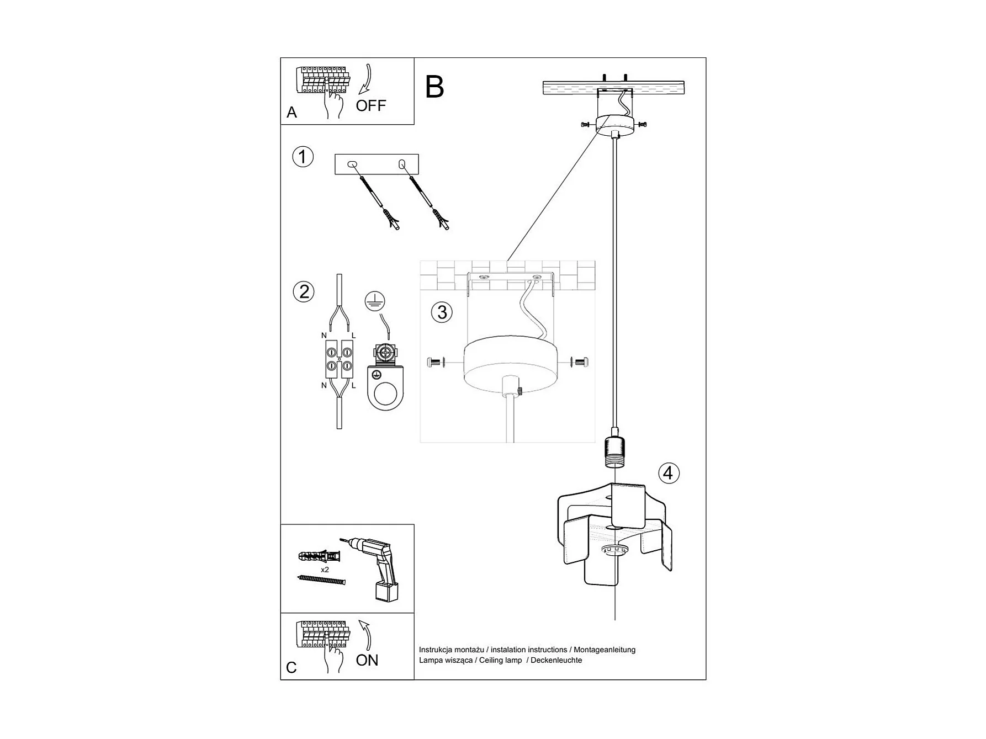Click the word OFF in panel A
[x=370, y=105]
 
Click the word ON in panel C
[x=367, y=660]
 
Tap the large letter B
[x=434, y=87]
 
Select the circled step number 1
[x=303, y=157]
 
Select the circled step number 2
[x=304, y=291]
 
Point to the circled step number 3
[x=442, y=312]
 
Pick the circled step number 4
[x=669, y=473]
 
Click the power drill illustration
[x=372, y=568]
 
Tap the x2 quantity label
[x=325, y=570]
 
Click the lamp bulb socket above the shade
[x=614, y=446]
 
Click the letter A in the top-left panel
[x=291, y=113]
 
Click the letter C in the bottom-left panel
[x=291, y=668]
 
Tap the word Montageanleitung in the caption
[x=605, y=650]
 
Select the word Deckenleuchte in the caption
[x=556, y=660]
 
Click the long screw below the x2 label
[x=321, y=580]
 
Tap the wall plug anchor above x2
[x=319, y=556]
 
